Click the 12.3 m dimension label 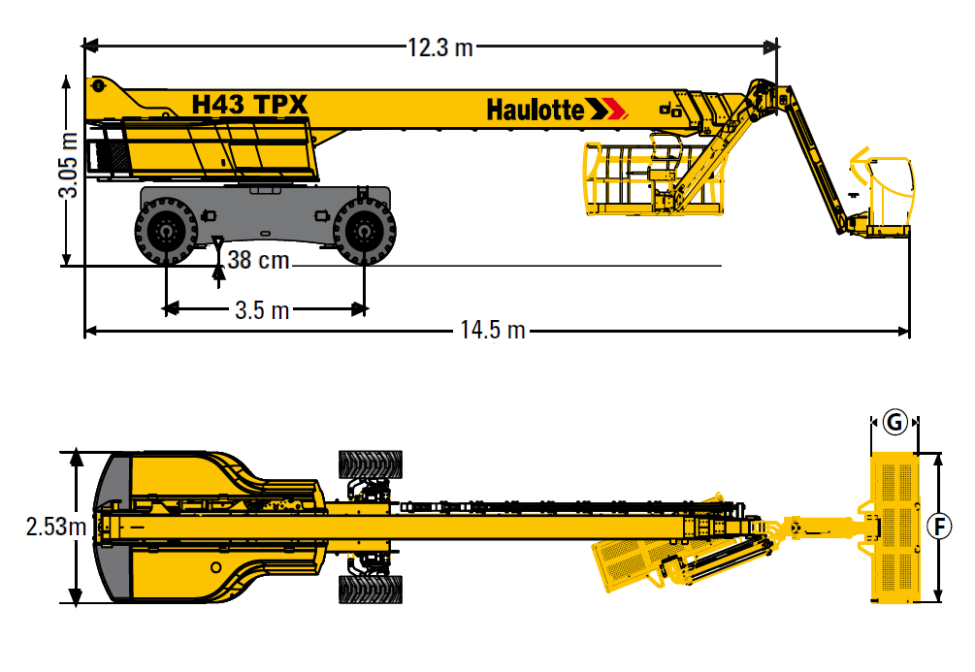point(440,48)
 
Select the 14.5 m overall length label point(493,330)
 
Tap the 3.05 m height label point(69,165)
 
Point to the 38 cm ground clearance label point(258,260)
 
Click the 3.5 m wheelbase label point(262,309)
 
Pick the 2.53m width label point(56,527)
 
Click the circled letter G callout point(894,423)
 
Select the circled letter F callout point(939,527)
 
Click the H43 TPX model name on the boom point(249,105)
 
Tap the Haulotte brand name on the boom point(536,110)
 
